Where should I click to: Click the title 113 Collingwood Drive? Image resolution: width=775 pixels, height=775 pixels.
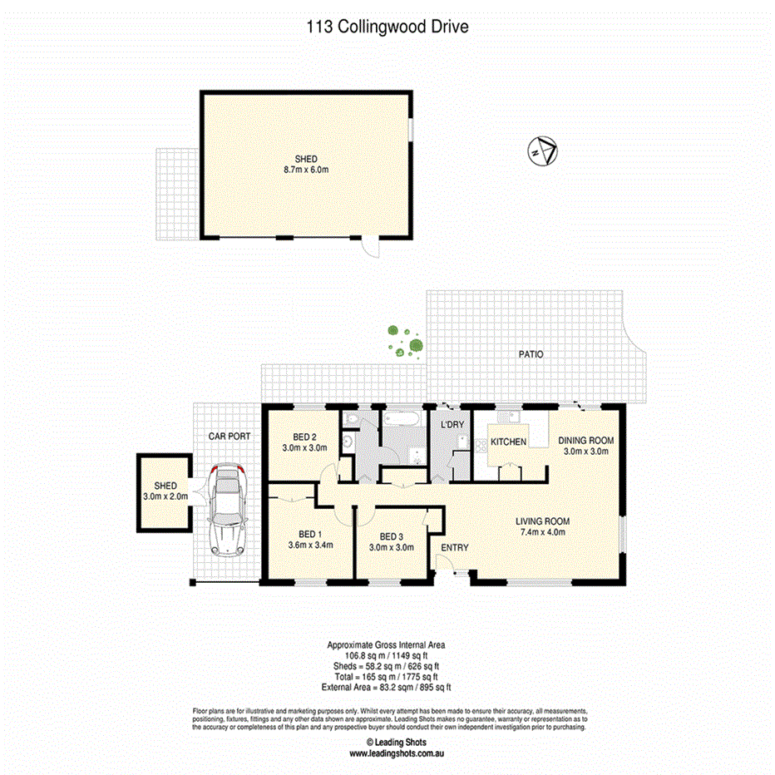pyautogui.click(x=387, y=27)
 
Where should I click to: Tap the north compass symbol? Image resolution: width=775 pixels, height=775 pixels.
pyautogui.click(x=543, y=151)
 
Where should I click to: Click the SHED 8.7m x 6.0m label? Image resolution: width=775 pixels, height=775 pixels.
pyautogui.click(x=305, y=164)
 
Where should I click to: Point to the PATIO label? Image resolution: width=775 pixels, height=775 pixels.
pyautogui.click(x=531, y=354)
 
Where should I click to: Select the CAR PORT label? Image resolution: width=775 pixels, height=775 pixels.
pyautogui.click(x=230, y=436)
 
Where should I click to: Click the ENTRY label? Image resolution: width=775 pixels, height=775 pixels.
pyautogui.click(x=455, y=547)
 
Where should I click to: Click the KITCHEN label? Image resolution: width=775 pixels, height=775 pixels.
pyautogui.click(x=507, y=442)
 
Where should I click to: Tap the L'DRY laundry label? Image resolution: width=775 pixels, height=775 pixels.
pyautogui.click(x=452, y=425)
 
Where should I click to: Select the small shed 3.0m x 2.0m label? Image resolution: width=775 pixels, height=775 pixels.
pyautogui.click(x=165, y=491)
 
